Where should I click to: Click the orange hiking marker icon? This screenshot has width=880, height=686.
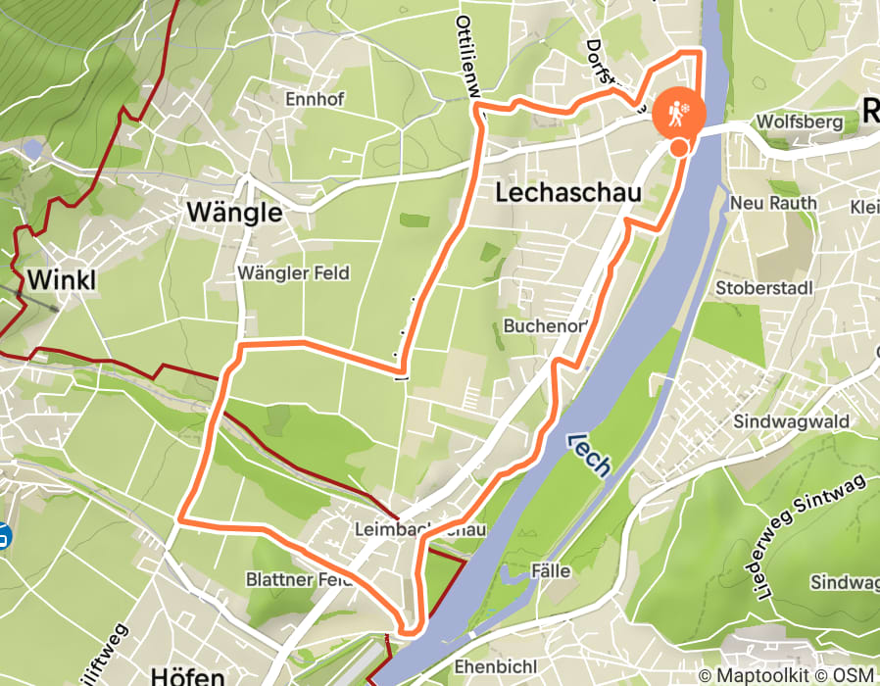[678, 113]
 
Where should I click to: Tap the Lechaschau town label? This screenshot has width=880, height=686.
[567, 193]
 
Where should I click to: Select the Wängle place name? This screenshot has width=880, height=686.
[234, 213]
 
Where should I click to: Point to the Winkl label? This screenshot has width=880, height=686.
[62, 280]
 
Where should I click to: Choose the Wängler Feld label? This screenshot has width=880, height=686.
[293, 273]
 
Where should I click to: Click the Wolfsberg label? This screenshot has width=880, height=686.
[800, 122]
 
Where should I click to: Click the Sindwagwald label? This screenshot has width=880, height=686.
[791, 421]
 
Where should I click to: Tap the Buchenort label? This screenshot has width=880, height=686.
[545, 325]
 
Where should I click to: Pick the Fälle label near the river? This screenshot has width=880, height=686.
[550, 570]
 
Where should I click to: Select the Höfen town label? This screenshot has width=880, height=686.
[188, 675]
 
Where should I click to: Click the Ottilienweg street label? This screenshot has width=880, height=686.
[469, 54]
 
